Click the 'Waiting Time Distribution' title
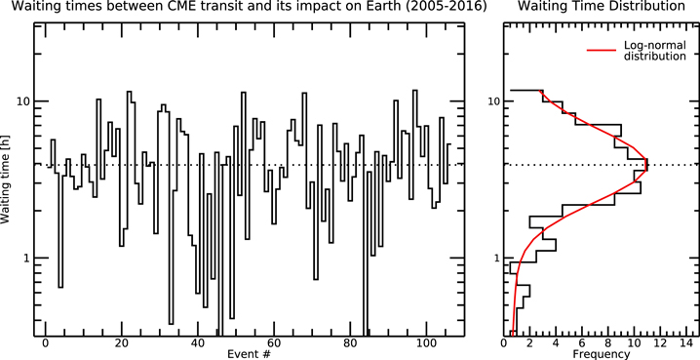pos(601,8)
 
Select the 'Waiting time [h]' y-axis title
pos(8,179)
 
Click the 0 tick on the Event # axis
pos(46,342)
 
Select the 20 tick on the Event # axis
pos(121,342)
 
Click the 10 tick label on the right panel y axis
pos(495,101)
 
